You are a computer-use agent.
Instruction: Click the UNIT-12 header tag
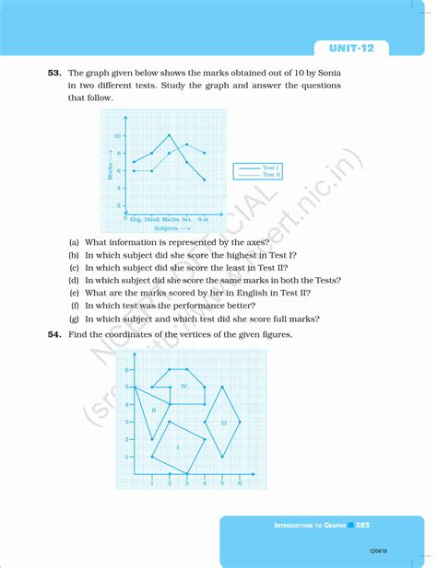[x=359, y=48]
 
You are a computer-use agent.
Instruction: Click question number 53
[x=56, y=72]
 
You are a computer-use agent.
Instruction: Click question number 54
[x=56, y=334]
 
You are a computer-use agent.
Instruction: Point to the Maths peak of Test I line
[x=169, y=135]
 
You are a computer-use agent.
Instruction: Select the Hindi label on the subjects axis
[x=153, y=218]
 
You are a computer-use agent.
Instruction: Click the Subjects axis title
[x=169, y=226]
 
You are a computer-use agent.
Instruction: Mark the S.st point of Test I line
[x=204, y=180]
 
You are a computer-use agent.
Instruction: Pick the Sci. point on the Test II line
[x=187, y=145]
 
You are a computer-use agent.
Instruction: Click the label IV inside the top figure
[x=183, y=386]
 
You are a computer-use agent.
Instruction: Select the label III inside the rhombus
[x=223, y=422]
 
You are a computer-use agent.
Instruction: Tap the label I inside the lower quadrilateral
[x=177, y=446]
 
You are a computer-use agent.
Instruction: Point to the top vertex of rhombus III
[x=222, y=387]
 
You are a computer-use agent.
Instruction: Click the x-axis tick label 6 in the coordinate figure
[x=240, y=482]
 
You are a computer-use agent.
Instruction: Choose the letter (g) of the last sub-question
[x=74, y=318]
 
